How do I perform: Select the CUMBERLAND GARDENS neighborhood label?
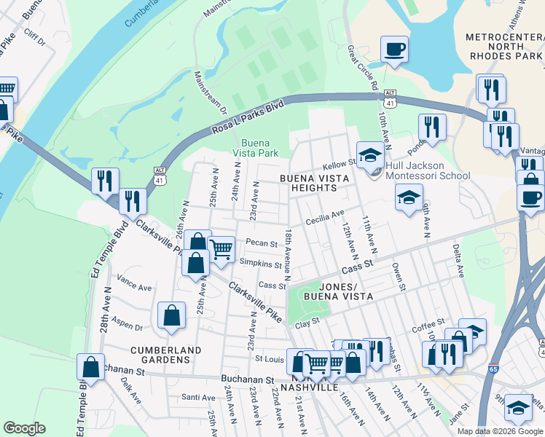(165, 350)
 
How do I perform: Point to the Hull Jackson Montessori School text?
(428, 176)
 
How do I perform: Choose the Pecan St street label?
(262, 243)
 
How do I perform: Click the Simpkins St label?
(260, 264)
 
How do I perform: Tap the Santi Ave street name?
(198, 397)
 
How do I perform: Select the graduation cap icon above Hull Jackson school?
(371, 154)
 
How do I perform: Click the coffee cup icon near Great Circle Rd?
(394, 50)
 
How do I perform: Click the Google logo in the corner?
(24, 428)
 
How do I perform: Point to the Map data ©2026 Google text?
(499, 430)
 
